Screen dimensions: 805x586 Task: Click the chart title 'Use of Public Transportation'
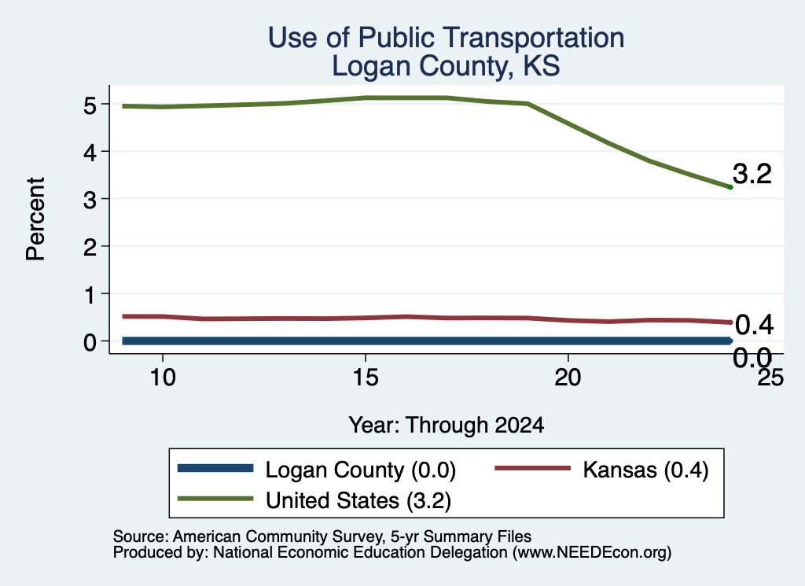(447, 38)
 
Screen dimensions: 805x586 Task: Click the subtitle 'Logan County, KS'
(446, 67)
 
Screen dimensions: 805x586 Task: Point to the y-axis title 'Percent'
(35, 219)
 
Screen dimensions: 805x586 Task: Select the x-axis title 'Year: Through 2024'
(447, 426)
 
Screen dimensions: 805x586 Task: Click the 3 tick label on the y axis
(90, 199)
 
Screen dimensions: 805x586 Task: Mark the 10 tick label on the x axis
(163, 378)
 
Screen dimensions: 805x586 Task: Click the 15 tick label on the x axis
(366, 378)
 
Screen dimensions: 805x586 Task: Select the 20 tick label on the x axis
(568, 378)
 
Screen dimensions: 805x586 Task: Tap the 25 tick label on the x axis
(771, 378)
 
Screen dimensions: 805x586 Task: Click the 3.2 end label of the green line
(752, 174)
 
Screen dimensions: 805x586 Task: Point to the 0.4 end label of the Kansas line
(754, 325)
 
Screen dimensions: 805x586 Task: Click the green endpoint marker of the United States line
(730, 187)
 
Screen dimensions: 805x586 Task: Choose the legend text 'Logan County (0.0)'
(360, 470)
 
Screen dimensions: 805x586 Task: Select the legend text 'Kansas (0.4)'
(646, 470)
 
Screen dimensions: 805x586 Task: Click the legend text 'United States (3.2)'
(358, 501)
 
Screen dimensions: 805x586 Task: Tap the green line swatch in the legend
(215, 499)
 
